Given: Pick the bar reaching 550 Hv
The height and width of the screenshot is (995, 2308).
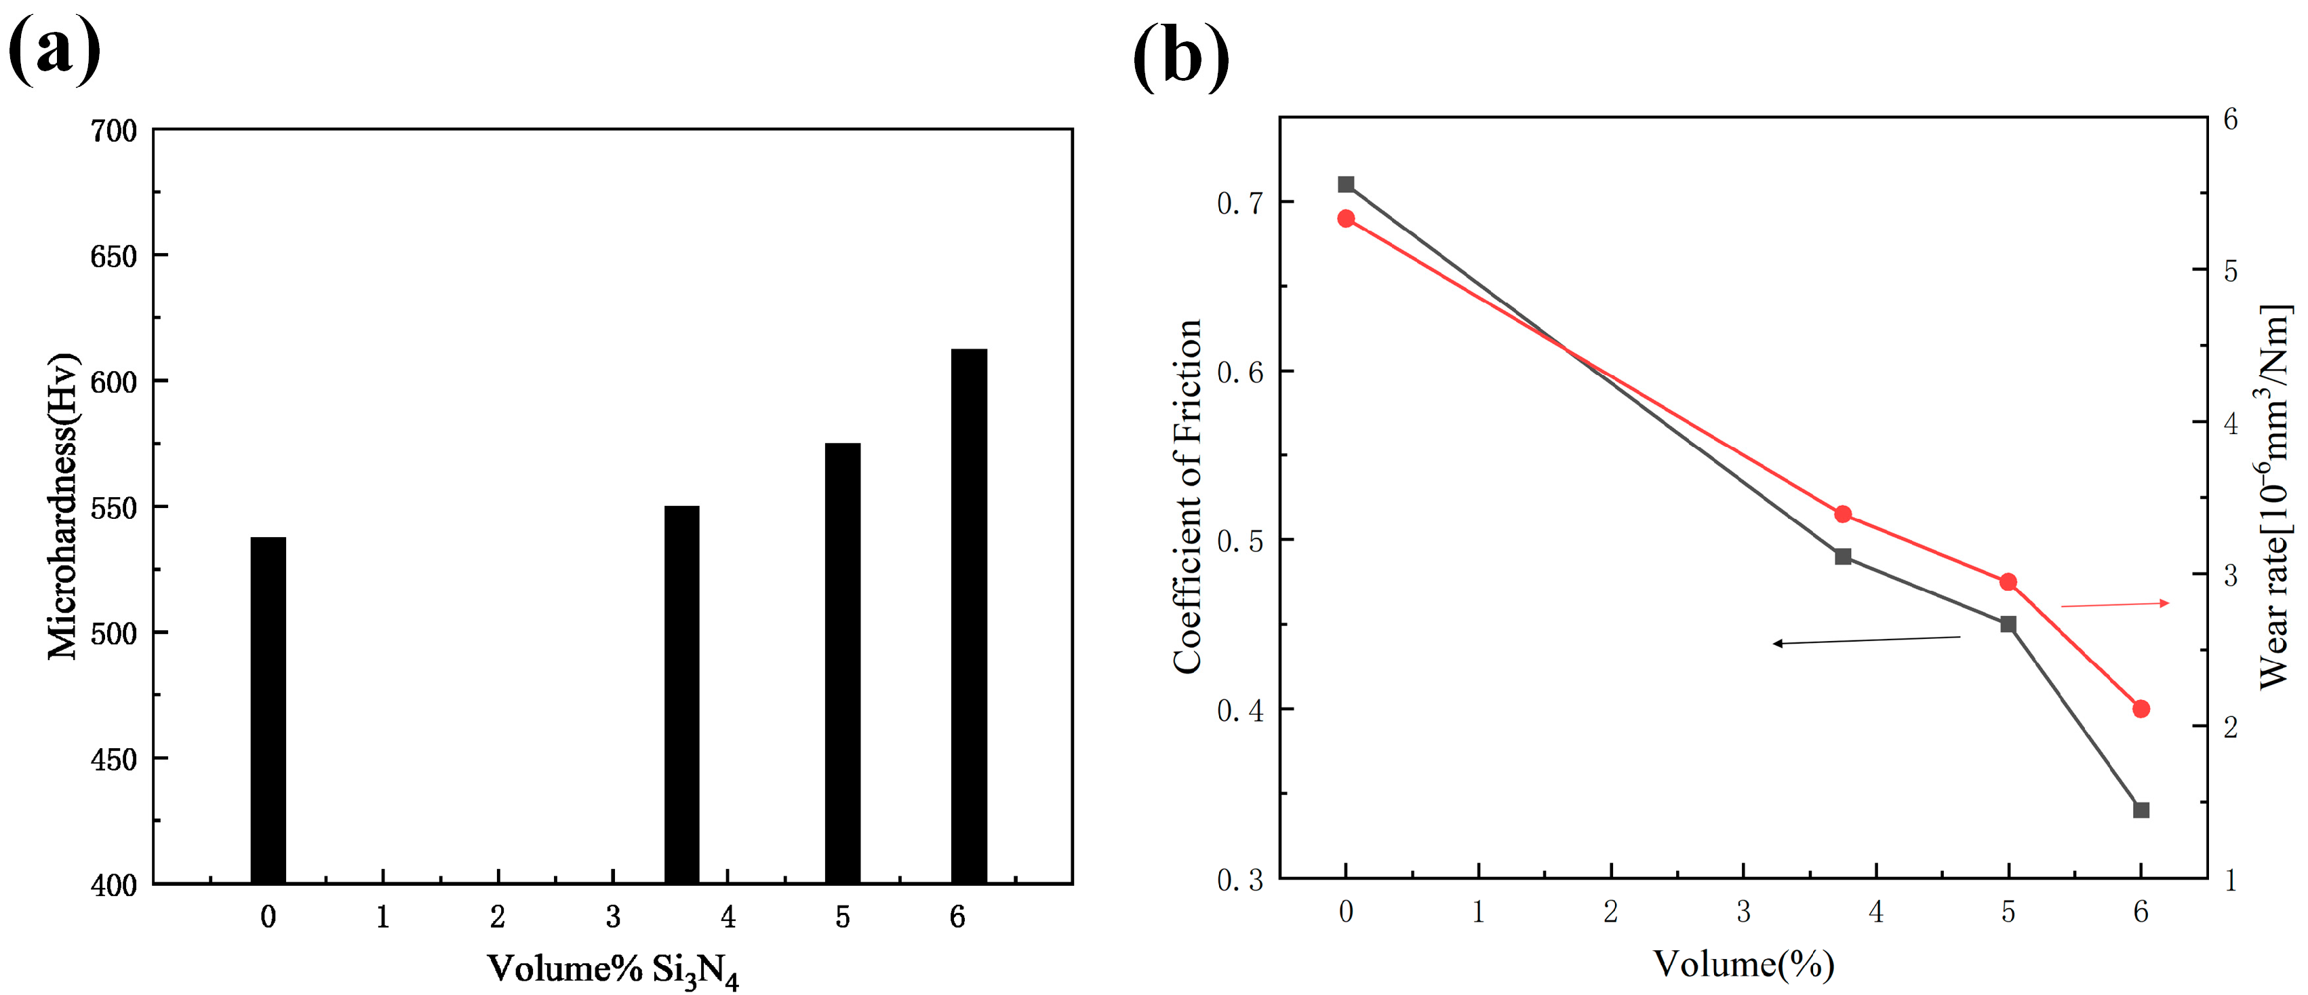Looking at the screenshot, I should click(682, 695).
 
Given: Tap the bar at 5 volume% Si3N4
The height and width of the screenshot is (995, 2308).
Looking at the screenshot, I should click(842, 663).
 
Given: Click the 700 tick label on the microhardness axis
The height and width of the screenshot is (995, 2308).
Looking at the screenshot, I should click(114, 132).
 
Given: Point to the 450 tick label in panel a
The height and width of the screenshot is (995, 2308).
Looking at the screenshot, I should click(114, 760).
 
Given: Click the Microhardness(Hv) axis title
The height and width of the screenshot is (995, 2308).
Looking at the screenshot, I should click(62, 507).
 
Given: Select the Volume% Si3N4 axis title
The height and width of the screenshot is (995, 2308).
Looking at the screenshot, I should click(613, 971).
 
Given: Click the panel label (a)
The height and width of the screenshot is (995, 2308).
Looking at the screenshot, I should click(54, 50).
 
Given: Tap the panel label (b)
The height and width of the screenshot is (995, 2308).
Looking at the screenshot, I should click(1181, 56).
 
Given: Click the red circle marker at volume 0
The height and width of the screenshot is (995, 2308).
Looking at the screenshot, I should click(1346, 218).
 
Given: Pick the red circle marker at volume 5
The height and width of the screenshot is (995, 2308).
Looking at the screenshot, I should click(2008, 583).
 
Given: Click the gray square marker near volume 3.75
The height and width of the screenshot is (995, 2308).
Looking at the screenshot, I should click(1843, 557).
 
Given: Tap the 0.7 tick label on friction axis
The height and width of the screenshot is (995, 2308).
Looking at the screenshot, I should click(1239, 203).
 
